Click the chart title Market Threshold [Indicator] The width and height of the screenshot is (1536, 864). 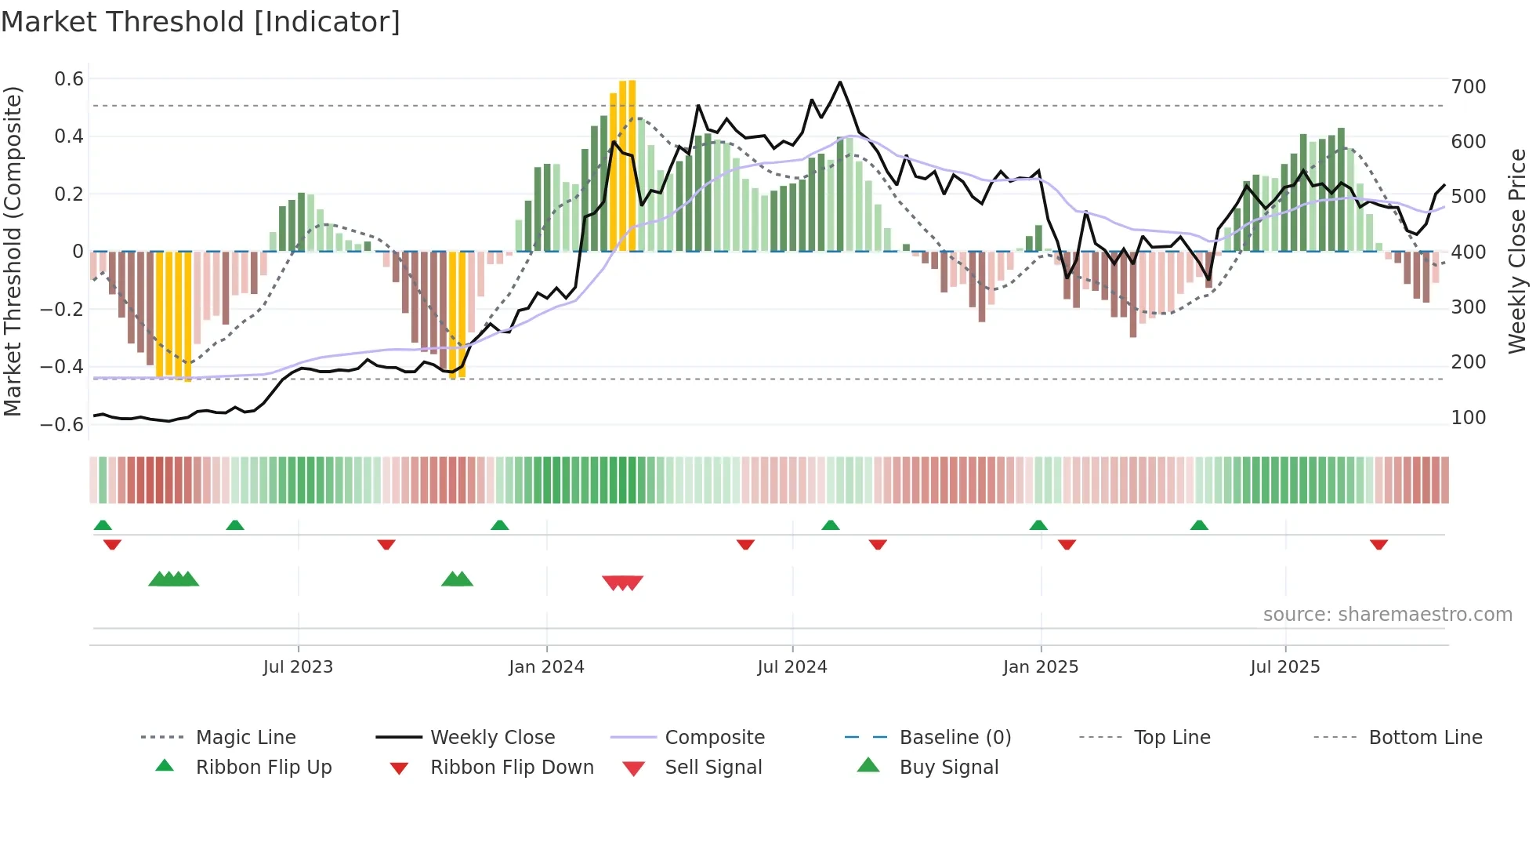(x=201, y=22)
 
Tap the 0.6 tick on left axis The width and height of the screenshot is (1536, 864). (x=69, y=79)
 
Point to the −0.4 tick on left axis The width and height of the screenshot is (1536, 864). (x=62, y=367)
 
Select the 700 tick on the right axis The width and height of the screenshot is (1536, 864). (x=1468, y=87)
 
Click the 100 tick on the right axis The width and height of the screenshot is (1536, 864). (x=1468, y=418)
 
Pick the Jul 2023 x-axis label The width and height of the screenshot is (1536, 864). (x=298, y=667)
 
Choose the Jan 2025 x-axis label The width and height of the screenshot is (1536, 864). (x=1040, y=667)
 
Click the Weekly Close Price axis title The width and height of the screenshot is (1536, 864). (x=1517, y=251)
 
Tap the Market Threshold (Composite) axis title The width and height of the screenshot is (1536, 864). (x=13, y=251)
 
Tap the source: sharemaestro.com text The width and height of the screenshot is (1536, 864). (x=1387, y=615)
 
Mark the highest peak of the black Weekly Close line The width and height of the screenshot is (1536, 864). (x=840, y=82)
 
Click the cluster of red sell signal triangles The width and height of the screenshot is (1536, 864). (x=622, y=583)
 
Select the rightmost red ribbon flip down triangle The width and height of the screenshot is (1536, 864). (x=1378, y=544)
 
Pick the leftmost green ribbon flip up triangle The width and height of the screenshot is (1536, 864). (x=103, y=525)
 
